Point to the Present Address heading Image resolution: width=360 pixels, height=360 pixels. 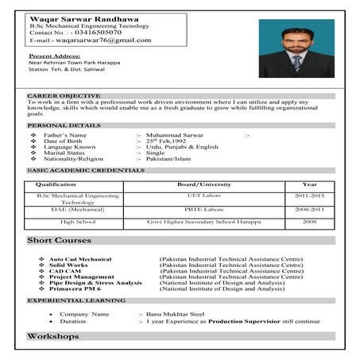click(x=54, y=57)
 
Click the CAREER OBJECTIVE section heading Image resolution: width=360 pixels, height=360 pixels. click(x=64, y=95)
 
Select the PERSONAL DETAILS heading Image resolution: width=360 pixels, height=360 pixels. click(x=64, y=126)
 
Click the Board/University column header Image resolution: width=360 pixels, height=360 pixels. click(x=188, y=184)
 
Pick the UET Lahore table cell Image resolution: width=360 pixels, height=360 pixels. click(x=188, y=195)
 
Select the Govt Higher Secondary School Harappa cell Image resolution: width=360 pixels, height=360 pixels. click(x=188, y=223)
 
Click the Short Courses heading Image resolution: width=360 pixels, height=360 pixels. click(x=60, y=240)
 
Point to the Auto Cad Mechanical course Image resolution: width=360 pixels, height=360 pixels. click(x=80, y=259)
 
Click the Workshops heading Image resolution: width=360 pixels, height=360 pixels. click(x=53, y=337)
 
